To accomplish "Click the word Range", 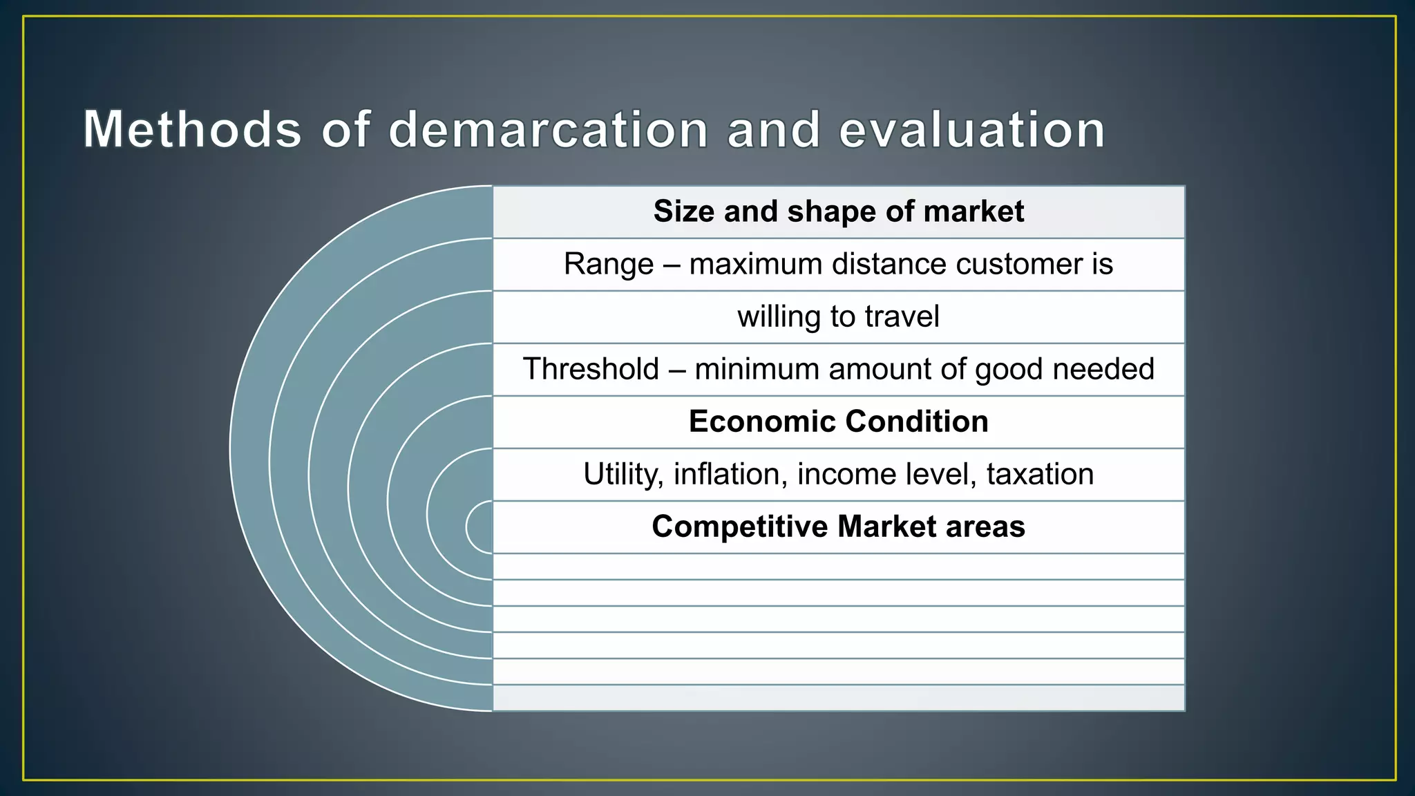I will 609,264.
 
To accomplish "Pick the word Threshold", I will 591,369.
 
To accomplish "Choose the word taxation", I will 1040,475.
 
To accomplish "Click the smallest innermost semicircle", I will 480,527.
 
